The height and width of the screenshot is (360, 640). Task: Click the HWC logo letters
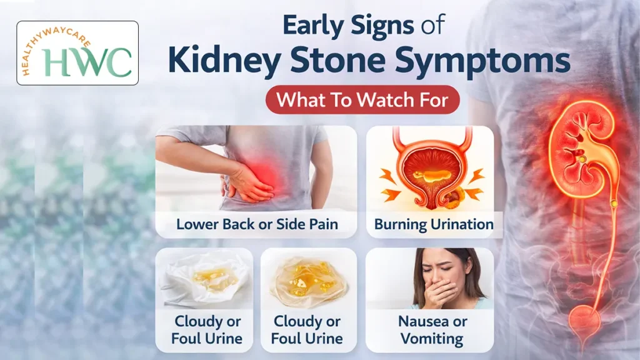coord(87,61)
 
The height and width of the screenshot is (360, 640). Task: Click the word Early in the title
coord(313,26)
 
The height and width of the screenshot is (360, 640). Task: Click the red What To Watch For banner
coord(362,100)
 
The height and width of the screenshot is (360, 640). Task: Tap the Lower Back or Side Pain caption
coord(256,224)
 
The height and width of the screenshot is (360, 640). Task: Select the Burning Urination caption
coord(434,224)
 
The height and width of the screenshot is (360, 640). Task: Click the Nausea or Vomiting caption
coord(432,331)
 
